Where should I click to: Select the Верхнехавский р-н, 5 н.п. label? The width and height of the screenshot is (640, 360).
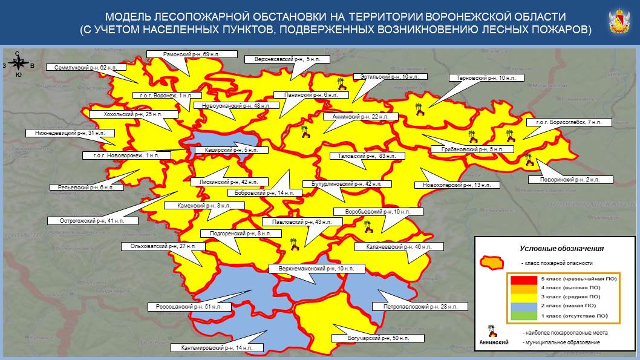287,59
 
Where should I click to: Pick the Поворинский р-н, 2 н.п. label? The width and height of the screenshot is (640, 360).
570,180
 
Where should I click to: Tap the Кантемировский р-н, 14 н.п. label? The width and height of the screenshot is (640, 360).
217,348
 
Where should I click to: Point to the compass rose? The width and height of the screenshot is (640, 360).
18,65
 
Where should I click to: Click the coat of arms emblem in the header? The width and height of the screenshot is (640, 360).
619,22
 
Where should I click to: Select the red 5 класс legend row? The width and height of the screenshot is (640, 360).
556,279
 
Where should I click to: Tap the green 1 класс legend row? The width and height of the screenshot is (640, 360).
556,315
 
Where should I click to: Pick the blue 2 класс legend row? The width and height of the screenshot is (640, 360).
556,306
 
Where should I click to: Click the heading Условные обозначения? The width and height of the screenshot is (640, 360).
561,249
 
